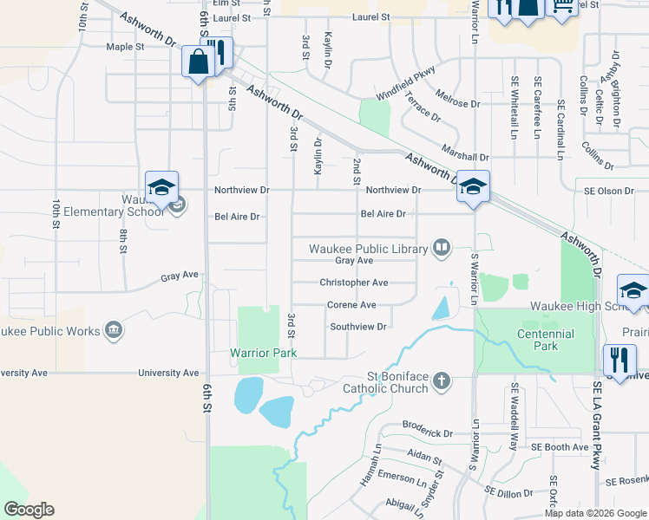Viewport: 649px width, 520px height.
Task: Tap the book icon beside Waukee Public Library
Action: pyautogui.click(x=442, y=249)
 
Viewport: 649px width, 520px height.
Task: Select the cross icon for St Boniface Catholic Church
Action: pyautogui.click(x=442, y=379)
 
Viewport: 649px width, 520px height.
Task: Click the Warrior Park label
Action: pyautogui.click(x=263, y=353)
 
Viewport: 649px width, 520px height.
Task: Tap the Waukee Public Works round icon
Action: pyautogui.click(x=113, y=329)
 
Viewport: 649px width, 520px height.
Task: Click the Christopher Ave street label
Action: pyautogui.click(x=353, y=283)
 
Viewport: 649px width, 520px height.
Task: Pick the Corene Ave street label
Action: pyautogui.click(x=351, y=305)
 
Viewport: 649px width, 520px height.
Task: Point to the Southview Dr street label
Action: pyautogui.click(x=357, y=327)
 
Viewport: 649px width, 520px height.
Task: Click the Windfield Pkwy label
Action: pyautogui.click(x=404, y=85)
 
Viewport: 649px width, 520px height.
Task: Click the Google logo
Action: pyautogui.click(x=29, y=510)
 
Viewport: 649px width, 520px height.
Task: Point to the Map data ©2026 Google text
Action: pyautogui.click(x=595, y=513)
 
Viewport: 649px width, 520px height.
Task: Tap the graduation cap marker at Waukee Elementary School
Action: pyautogui.click(x=161, y=187)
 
